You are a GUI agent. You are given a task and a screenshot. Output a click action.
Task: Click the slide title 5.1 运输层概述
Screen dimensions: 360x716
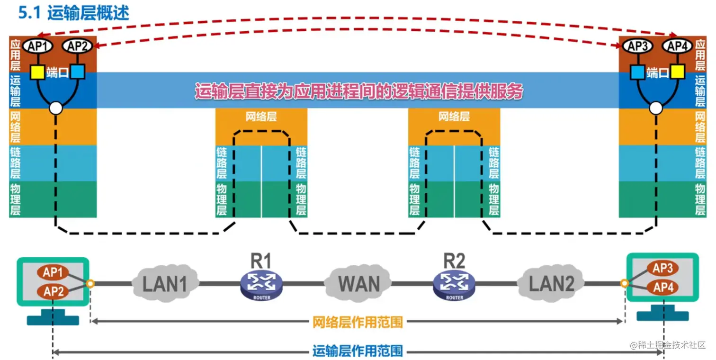coord(73,13)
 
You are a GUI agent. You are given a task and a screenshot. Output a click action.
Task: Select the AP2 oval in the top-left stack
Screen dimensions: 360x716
coord(77,46)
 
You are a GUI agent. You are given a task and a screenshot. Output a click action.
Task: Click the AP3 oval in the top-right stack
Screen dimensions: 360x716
coord(637,46)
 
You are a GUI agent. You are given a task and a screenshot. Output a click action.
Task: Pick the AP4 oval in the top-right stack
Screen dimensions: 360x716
coord(677,46)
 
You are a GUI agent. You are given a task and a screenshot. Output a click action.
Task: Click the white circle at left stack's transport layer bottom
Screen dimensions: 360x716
coord(56,108)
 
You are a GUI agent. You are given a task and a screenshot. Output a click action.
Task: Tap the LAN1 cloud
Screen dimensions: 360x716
coord(165,284)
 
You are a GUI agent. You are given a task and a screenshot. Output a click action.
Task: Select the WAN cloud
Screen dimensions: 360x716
coord(358,284)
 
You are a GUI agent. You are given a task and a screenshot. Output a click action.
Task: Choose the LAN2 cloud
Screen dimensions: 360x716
coord(551,284)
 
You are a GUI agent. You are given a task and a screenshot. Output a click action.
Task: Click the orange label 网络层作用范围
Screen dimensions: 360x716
coord(358,322)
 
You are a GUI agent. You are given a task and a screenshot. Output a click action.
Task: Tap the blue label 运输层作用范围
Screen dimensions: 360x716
coord(358,351)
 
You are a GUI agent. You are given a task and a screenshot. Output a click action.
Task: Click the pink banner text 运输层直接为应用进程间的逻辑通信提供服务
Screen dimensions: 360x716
coord(358,91)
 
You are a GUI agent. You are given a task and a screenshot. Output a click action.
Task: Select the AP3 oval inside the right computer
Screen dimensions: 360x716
coord(662,269)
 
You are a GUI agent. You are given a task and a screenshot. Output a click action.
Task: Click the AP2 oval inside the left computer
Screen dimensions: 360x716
coord(53,291)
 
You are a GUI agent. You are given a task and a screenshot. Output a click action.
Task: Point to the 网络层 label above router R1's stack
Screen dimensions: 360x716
coord(261,117)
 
